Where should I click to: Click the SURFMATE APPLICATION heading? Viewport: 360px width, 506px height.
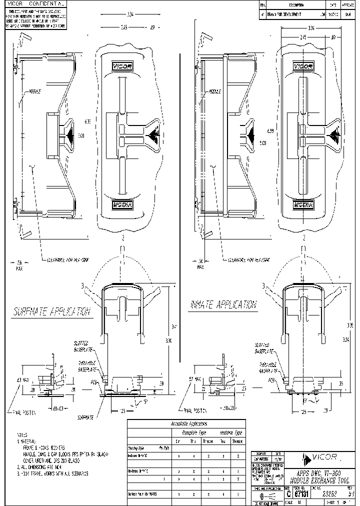click(51, 312)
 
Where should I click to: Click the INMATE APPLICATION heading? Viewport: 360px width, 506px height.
click(223, 304)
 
